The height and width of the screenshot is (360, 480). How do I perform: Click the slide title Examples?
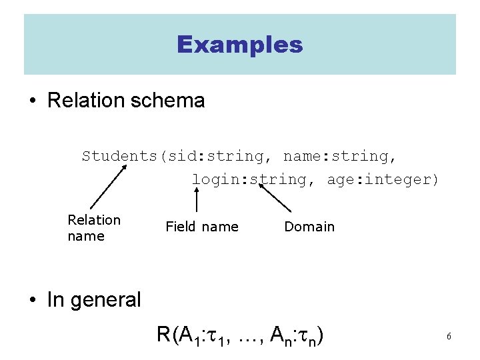tap(240, 45)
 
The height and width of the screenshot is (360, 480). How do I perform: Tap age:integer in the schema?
tap(383, 179)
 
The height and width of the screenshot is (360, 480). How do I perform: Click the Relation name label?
tap(94, 228)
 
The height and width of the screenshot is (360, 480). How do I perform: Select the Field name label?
tap(201, 227)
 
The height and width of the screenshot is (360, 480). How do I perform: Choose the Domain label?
tap(309, 227)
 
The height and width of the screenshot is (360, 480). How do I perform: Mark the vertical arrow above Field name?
tap(197, 200)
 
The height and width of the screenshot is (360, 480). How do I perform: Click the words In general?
tap(94, 300)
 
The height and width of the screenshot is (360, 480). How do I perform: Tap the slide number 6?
tap(449, 337)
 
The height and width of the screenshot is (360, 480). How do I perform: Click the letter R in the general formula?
tap(163, 334)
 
